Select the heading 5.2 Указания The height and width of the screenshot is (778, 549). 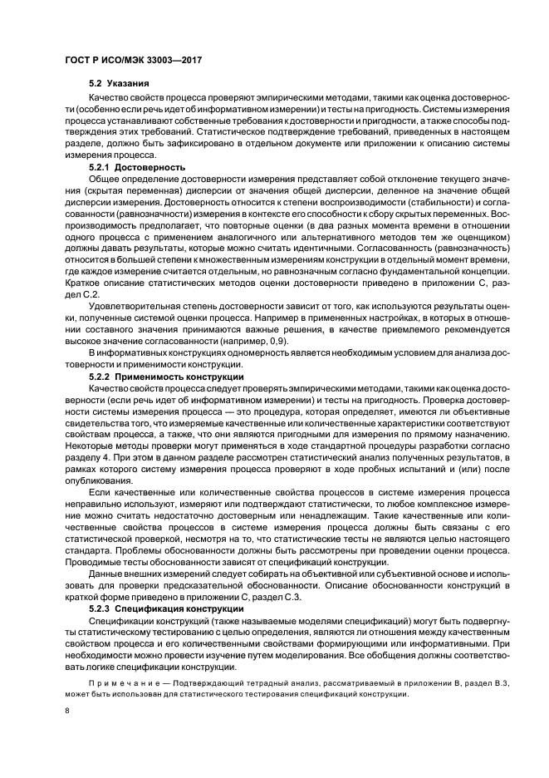point(120,85)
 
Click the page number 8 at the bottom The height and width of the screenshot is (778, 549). point(67,712)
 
